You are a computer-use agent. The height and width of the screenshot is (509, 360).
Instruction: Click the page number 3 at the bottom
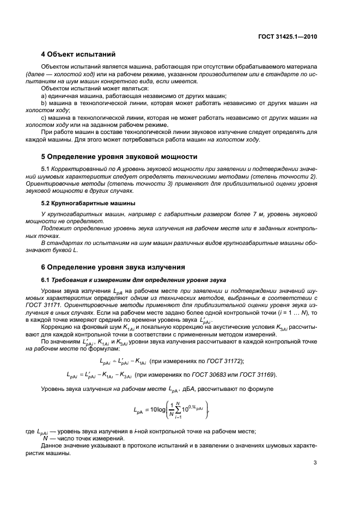(x=315, y=463)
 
